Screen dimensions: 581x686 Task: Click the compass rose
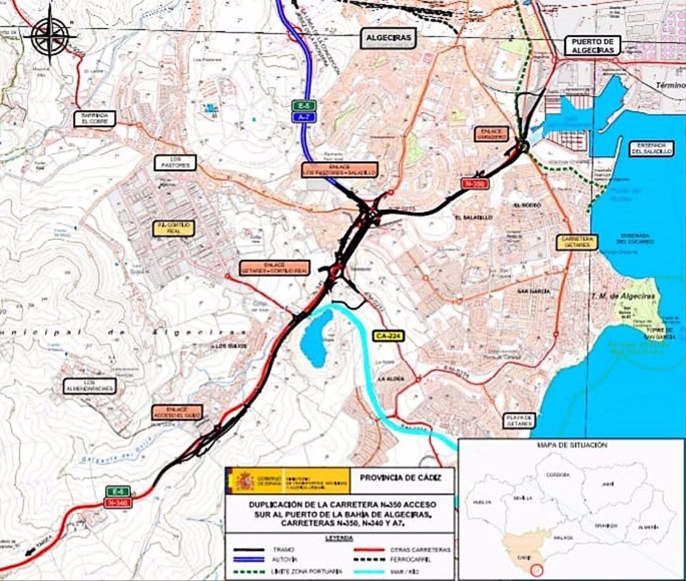50,35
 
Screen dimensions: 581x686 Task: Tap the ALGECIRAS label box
388,38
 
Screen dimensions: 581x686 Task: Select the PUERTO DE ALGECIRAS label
592,46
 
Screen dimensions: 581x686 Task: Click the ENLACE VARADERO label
492,133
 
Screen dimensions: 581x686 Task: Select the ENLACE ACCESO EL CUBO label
177,412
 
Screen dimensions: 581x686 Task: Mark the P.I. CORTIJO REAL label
173,228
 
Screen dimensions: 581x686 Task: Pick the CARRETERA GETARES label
577,242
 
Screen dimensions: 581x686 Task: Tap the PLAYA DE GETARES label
519,420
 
